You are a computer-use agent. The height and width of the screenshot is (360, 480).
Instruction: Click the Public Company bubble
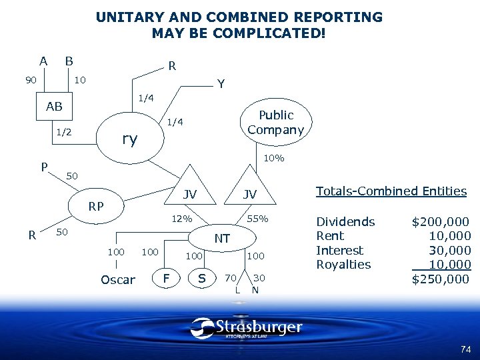tap(275, 122)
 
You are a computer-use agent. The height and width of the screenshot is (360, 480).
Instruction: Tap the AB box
tap(54, 107)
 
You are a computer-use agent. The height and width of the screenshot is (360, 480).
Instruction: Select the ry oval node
tap(129, 139)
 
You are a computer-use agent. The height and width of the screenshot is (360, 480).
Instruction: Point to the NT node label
tap(222, 239)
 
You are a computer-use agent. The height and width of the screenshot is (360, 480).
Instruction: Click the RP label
tap(96, 207)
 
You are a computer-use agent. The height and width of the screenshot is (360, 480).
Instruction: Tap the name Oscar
tap(117, 279)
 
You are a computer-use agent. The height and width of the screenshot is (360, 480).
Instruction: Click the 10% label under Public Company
tap(274, 159)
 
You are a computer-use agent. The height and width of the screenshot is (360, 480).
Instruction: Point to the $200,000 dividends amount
tap(440, 221)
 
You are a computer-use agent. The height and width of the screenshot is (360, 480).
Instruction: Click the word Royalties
tap(343, 264)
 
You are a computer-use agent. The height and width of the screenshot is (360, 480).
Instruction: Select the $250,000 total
tap(441, 279)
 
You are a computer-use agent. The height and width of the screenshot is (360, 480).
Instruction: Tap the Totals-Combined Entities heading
tap(391, 191)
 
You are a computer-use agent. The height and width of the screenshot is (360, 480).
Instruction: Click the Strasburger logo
tap(246, 328)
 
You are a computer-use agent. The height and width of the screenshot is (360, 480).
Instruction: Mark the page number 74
tap(465, 349)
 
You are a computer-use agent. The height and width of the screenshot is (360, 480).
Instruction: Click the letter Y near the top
tap(221, 85)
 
